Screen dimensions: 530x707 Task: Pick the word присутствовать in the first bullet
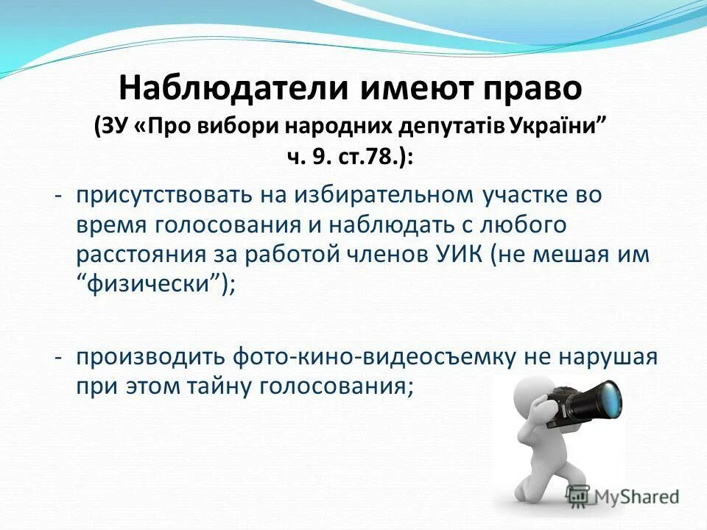pos(163,195)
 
